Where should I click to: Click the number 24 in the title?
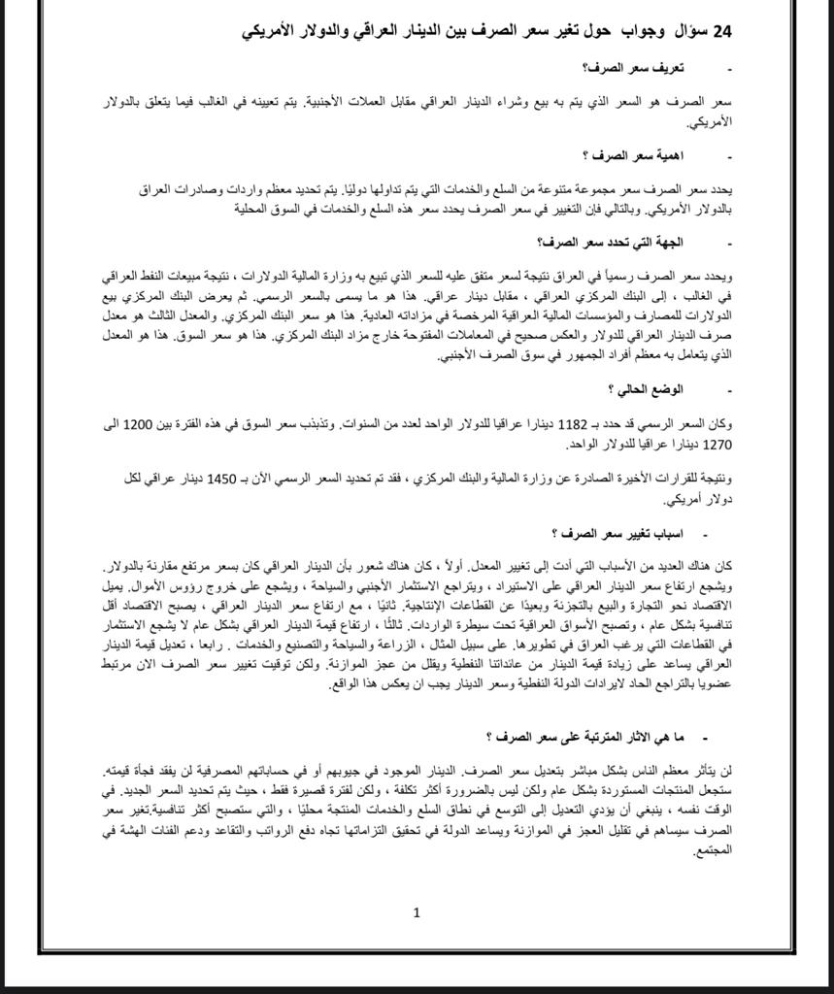pos(721,31)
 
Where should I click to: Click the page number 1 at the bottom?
pos(417,911)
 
